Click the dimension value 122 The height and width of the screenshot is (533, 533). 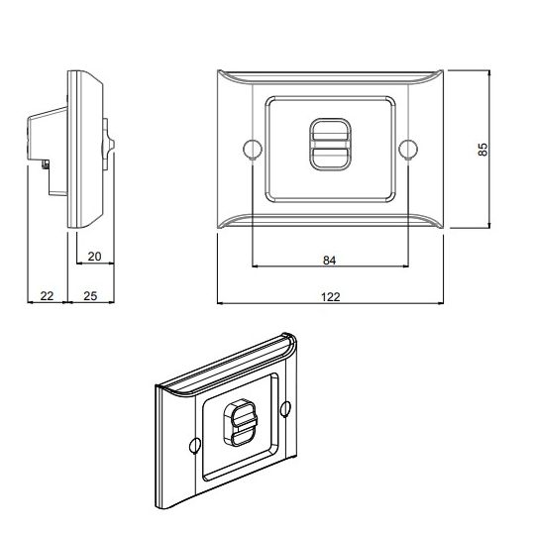click(330, 295)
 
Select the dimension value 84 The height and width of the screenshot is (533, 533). click(330, 261)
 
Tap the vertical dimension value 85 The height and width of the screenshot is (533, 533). click(482, 150)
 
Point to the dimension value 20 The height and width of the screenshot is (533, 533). click(94, 257)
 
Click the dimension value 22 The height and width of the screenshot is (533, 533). click(46, 296)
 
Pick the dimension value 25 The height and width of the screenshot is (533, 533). click(89, 296)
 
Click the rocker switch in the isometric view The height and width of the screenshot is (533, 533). click(243, 423)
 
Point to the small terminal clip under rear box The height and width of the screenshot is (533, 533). click(47, 162)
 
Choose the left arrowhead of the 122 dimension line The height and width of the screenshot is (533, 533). click(220, 302)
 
